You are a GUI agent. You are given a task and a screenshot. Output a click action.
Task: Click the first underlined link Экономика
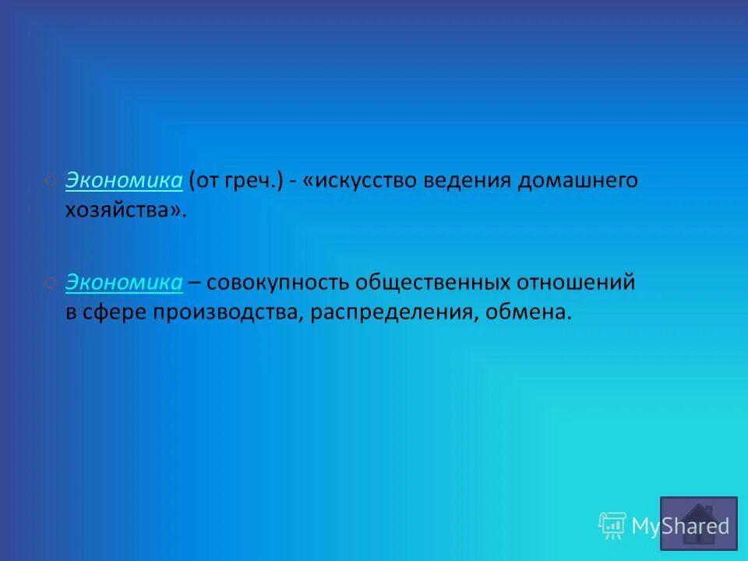click(124, 181)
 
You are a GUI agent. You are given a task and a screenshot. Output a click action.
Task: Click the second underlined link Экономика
click(124, 283)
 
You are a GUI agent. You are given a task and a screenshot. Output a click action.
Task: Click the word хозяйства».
click(126, 210)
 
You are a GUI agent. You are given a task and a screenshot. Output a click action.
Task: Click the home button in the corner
click(698, 523)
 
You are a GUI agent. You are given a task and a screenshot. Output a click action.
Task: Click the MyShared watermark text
click(680, 526)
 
